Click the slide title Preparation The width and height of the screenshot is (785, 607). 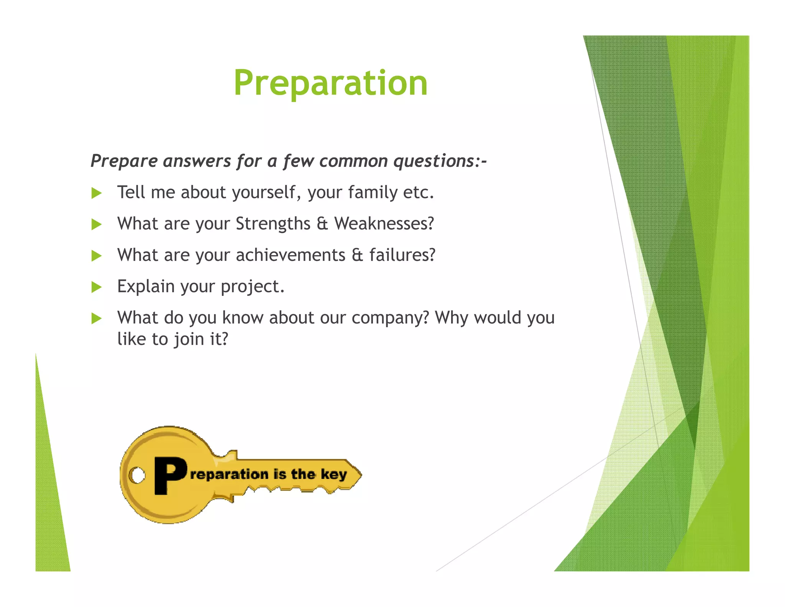click(330, 83)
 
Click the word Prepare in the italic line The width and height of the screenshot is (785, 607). click(124, 161)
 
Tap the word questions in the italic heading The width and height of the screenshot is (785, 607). click(434, 161)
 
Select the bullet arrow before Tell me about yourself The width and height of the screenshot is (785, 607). click(97, 193)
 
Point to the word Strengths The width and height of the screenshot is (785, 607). click(273, 224)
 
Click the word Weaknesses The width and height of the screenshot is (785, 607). click(384, 224)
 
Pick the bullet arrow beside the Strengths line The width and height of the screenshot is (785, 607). click(97, 224)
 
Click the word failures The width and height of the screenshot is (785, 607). click(402, 255)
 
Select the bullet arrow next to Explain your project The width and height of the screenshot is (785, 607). click(97, 287)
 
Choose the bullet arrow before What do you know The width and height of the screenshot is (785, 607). click(97, 318)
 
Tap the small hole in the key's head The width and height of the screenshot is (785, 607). click(137, 475)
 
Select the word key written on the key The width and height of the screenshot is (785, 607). click(333, 475)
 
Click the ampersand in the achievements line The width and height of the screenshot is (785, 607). click(357, 255)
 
